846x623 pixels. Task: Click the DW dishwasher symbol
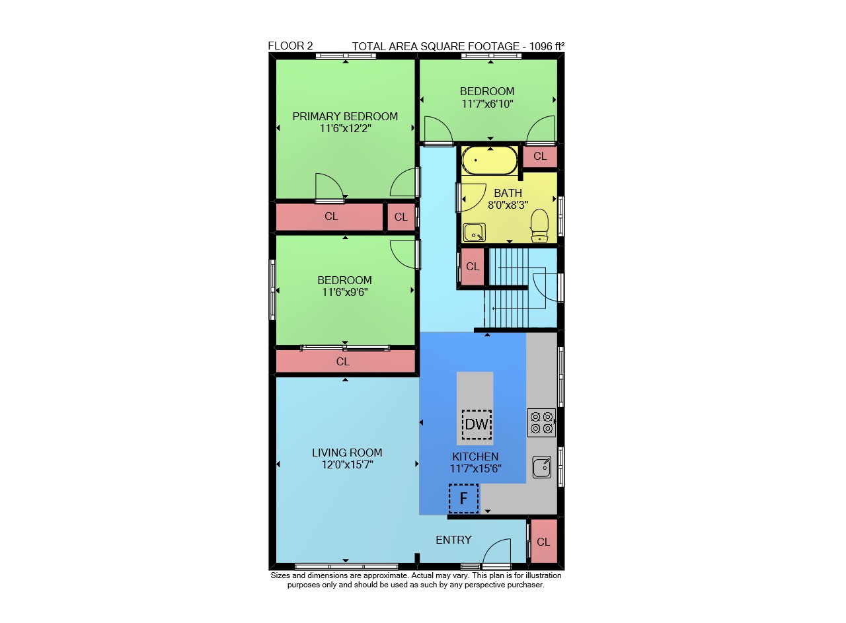coord(477,424)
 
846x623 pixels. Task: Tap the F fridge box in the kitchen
coord(463,498)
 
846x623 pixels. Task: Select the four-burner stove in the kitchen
coord(541,423)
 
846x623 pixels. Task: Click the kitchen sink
coord(541,467)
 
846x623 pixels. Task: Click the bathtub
coord(490,161)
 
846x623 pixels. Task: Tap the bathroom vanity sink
coord(474,232)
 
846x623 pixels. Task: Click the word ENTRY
coord(453,540)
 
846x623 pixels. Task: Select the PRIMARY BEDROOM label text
coord(345,116)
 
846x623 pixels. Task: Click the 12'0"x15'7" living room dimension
coord(348,464)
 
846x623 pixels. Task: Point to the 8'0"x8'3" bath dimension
coord(508,205)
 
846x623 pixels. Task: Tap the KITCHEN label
coord(475,457)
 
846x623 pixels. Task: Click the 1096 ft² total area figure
coord(547,46)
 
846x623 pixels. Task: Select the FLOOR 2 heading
coord(290,46)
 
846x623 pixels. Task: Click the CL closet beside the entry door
coord(543,542)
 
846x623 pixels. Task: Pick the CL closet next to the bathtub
coord(540,157)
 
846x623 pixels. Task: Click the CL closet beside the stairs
coord(473,266)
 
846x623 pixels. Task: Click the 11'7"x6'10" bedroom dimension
coord(488,104)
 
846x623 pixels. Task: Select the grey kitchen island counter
coord(475,408)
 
